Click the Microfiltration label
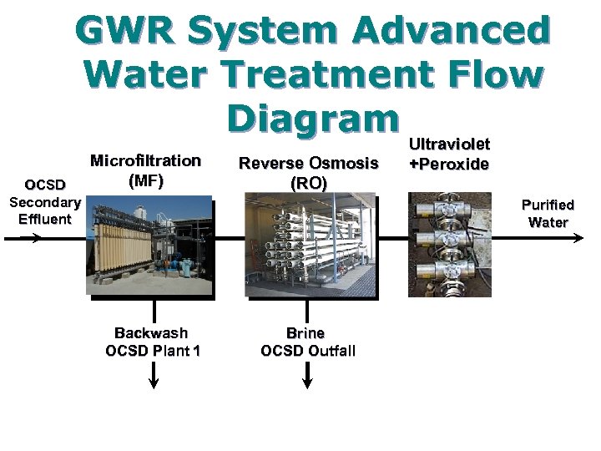tap(145, 160)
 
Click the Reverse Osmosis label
tap(308, 163)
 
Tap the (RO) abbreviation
tap(308, 182)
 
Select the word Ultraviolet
tap(449, 144)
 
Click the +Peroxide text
tap(449, 164)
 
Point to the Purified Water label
tap(548, 213)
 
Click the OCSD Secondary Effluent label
tap(44, 202)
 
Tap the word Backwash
tap(151, 332)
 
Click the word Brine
tap(306, 332)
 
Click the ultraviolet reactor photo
tap(449, 244)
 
